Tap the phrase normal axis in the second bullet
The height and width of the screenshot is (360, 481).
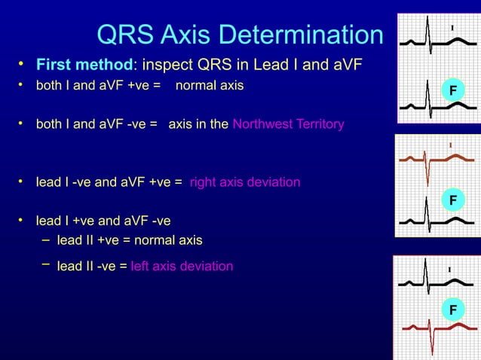point(209,86)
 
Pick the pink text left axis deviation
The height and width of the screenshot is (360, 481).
point(182,266)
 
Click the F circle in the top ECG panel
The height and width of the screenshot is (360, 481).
point(452,91)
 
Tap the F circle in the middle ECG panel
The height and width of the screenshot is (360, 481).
point(452,200)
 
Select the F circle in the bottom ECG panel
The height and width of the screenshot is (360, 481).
point(452,310)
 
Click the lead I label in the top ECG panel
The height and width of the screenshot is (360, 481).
point(452,29)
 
